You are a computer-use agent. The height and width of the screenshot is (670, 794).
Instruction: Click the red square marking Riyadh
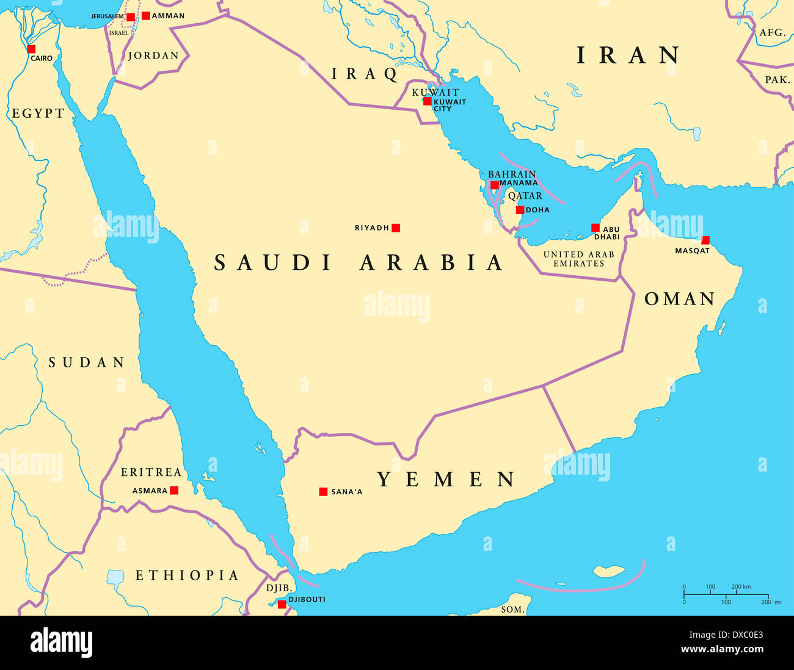[396, 228]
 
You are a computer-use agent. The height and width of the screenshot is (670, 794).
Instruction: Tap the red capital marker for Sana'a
[323, 491]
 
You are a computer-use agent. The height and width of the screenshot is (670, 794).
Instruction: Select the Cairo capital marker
[31, 49]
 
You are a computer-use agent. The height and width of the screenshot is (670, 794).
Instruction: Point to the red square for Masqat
[705, 240]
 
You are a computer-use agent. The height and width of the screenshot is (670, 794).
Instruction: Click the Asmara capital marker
[174, 490]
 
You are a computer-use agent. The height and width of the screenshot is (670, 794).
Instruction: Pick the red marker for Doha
[520, 210]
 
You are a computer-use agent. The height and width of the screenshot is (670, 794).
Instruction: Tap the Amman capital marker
[146, 15]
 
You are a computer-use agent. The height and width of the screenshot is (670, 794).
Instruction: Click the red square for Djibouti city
[282, 604]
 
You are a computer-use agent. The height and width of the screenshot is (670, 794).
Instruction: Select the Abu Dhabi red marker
[595, 228]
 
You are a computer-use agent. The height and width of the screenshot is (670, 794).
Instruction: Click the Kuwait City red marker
[428, 101]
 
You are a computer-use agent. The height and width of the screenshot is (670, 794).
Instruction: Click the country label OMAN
[680, 299]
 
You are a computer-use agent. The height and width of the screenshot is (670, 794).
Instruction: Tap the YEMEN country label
[446, 479]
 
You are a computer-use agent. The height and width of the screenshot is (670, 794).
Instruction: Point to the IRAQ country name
[365, 74]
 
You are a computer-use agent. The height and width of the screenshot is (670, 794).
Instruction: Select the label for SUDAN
[87, 362]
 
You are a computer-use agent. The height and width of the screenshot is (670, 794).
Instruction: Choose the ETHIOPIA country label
[187, 575]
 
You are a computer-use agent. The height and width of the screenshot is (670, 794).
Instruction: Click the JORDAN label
[153, 56]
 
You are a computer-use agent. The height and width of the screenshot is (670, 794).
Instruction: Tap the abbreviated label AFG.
[772, 32]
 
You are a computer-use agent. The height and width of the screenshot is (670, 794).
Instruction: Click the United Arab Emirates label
[578, 259]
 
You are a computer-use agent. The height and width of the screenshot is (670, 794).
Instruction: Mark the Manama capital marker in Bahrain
[494, 185]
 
